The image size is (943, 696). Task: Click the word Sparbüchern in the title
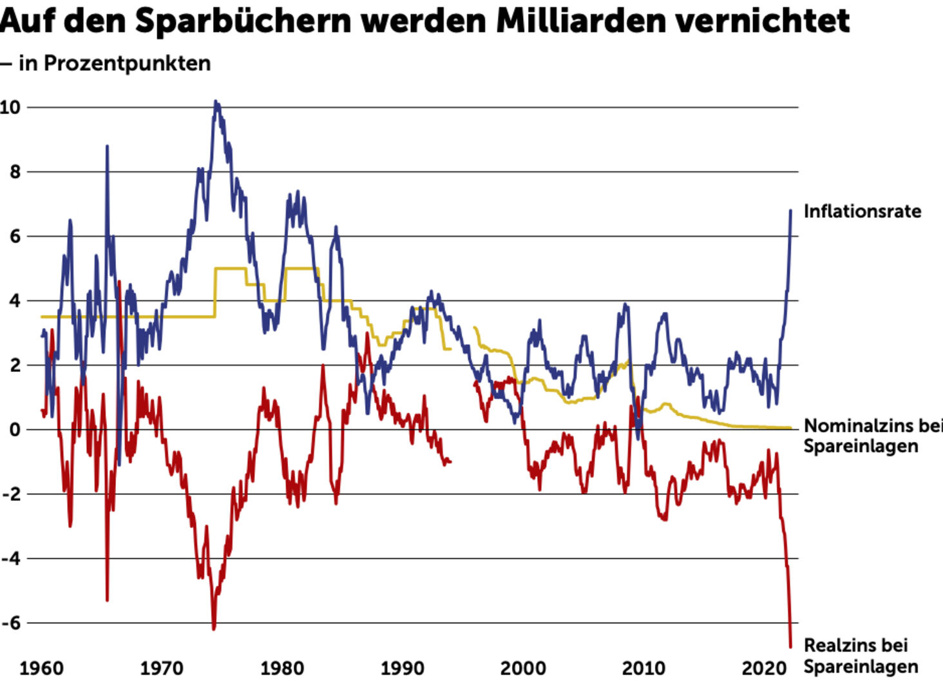(243, 21)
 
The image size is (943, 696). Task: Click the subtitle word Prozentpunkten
(127, 63)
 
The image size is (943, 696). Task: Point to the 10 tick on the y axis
(10, 108)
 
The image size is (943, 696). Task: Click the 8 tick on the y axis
(14, 172)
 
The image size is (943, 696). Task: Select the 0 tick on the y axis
(14, 430)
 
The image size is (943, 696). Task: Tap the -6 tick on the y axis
(11, 623)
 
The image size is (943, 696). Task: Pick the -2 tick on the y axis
(11, 494)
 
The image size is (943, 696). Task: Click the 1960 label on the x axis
(42, 668)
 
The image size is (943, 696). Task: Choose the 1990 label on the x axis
(403, 668)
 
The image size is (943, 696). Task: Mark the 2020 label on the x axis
(764, 668)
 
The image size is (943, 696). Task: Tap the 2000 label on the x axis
(523, 668)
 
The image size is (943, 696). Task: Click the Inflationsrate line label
(862, 211)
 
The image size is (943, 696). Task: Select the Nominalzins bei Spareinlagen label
(873, 436)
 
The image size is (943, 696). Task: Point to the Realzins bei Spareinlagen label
(861, 655)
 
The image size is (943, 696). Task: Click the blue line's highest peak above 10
(216, 102)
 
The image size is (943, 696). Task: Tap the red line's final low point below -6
(791, 646)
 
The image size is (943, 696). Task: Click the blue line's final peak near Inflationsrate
(791, 211)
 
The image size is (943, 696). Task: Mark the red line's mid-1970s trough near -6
(213, 628)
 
